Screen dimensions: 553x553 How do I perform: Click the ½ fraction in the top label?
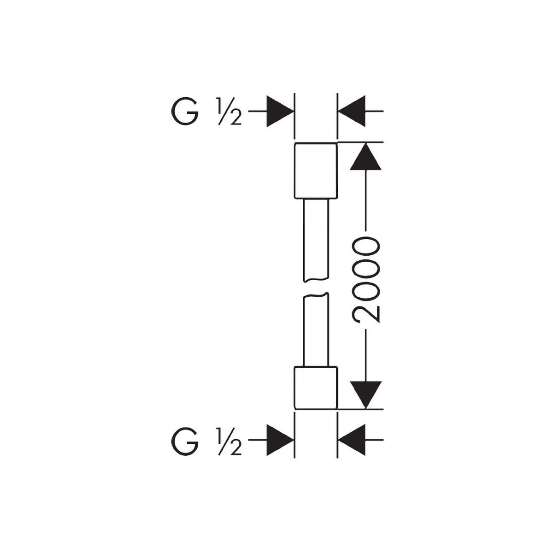(229, 112)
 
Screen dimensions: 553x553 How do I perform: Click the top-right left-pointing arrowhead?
(352, 111)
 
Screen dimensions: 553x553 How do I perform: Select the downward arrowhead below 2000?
(365, 395)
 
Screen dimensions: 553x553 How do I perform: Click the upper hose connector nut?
(316, 171)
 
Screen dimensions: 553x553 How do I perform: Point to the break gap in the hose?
(316, 287)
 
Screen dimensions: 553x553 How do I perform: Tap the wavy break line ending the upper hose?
(316, 279)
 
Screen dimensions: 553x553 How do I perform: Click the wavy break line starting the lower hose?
(316, 295)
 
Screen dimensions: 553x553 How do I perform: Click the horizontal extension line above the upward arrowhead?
(360, 142)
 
